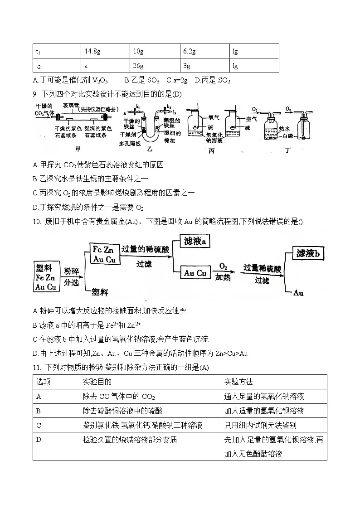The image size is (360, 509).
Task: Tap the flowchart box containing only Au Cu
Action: click(195, 273)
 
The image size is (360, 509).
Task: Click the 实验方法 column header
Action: click(238, 382)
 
